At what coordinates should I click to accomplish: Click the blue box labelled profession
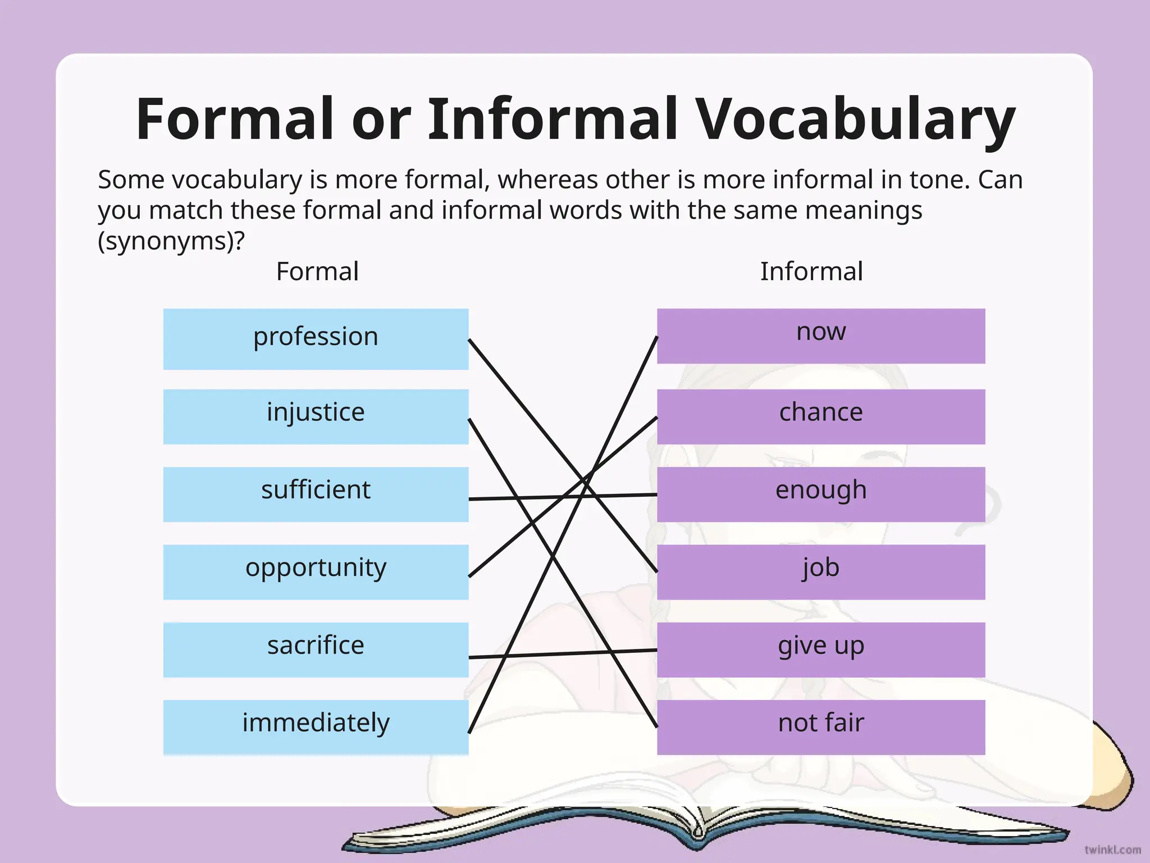(x=316, y=338)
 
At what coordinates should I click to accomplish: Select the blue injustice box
(x=316, y=416)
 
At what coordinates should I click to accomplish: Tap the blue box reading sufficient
(x=316, y=494)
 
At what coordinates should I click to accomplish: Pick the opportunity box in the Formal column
(x=316, y=571)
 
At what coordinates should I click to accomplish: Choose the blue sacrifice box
(x=316, y=649)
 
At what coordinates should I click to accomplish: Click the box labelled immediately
(x=316, y=727)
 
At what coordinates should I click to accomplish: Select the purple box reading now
(x=820, y=335)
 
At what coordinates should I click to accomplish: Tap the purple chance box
(x=820, y=416)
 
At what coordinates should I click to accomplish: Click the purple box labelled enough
(x=820, y=494)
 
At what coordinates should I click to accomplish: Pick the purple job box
(x=820, y=571)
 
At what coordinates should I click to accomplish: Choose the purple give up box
(x=820, y=649)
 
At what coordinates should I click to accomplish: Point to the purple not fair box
(x=820, y=727)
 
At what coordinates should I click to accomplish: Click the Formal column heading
(x=317, y=271)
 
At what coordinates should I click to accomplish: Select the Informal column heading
(x=811, y=271)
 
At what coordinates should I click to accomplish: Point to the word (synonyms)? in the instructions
(x=171, y=241)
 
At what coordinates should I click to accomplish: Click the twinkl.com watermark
(x=1112, y=850)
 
